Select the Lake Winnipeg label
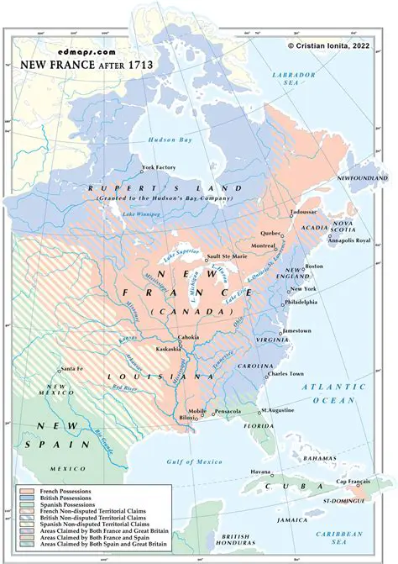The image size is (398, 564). click(x=140, y=215)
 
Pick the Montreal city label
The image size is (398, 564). click(x=264, y=245)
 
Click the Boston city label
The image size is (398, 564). click(x=314, y=266)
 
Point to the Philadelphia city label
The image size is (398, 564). click(x=301, y=301)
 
